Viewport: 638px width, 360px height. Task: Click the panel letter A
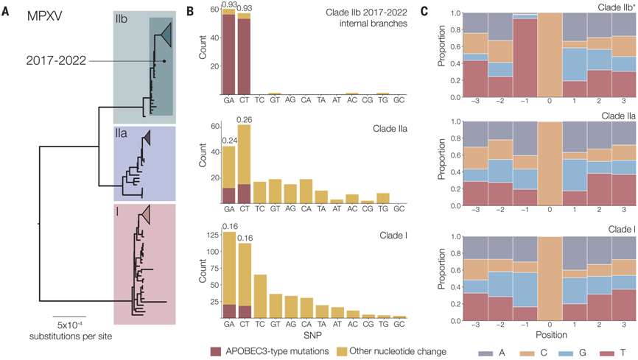coord(7,10)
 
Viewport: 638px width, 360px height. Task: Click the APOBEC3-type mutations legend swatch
coord(217,351)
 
